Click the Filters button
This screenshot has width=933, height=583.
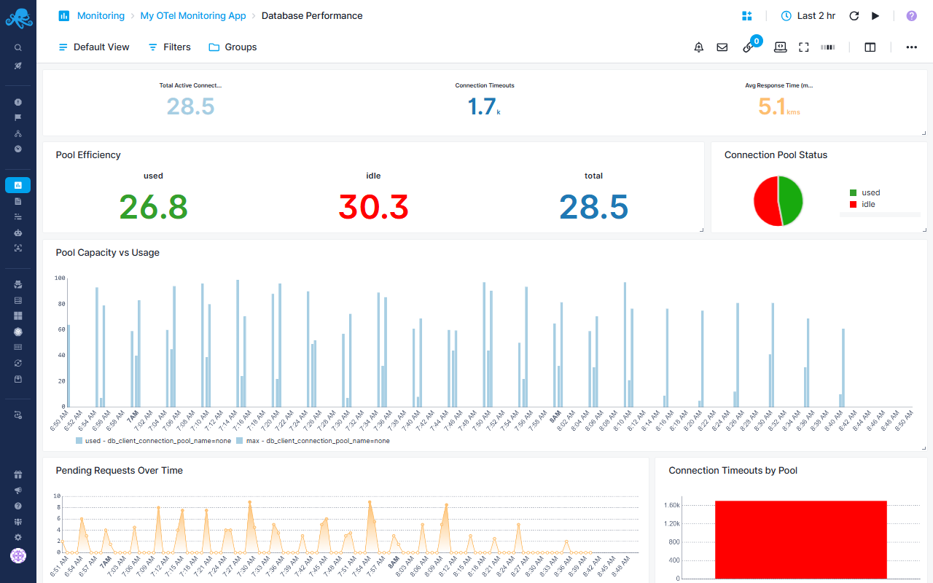click(x=169, y=47)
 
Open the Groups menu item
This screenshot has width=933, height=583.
click(x=233, y=47)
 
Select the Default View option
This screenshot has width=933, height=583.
click(x=94, y=47)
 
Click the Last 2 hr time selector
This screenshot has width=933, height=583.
click(x=808, y=15)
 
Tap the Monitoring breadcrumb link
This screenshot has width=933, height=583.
click(x=100, y=15)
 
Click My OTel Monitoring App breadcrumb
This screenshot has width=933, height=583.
click(x=192, y=15)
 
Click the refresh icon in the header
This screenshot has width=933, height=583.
click(x=854, y=15)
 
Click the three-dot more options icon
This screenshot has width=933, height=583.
click(x=911, y=47)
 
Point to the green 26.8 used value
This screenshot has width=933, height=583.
click(x=153, y=207)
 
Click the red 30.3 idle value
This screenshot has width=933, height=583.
click(x=373, y=207)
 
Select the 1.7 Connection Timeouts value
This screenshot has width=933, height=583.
click(x=482, y=107)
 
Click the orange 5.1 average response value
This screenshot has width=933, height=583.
click(x=772, y=107)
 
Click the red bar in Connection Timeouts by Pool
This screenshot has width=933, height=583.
click(x=800, y=539)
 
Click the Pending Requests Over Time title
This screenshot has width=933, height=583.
click(x=119, y=470)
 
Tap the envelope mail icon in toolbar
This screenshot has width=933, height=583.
click(x=722, y=47)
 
